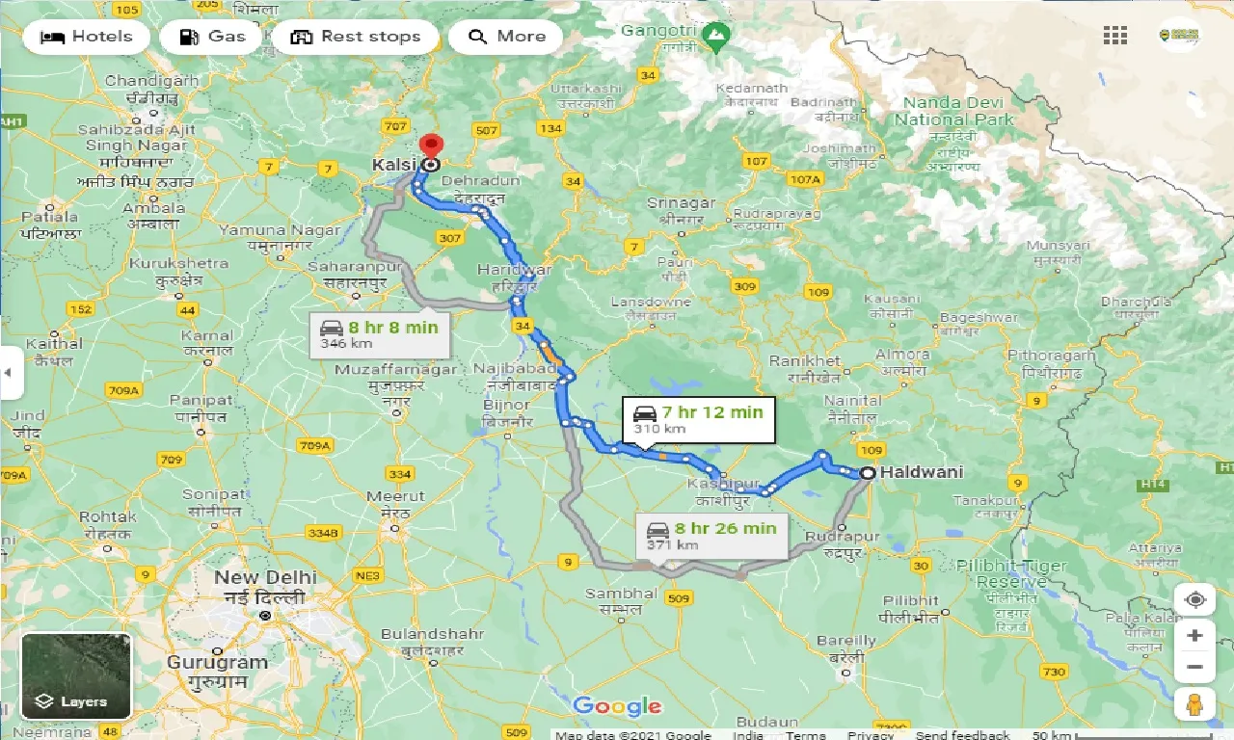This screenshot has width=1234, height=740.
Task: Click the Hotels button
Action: click(x=87, y=37)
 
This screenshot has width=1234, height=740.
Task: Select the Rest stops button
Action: click(x=356, y=37)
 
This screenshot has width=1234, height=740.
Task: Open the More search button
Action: click(x=506, y=37)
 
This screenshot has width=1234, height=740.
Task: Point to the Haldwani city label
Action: click(x=920, y=472)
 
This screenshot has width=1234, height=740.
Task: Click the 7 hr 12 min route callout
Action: click(x=698, y=419)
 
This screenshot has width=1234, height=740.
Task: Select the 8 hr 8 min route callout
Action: click(x=380, y=334)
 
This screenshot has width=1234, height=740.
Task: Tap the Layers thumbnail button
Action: click(x=75, y=675)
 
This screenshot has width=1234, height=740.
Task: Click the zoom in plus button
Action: click(x=1195, y=636)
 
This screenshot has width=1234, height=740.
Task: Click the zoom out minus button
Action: click(x=1195, y=667)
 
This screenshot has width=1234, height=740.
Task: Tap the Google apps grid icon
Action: click(x=1115, y=37)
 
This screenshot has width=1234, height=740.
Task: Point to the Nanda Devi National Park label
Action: click(x=954, y=111)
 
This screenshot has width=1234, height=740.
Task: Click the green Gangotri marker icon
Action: click(x=715, y=40)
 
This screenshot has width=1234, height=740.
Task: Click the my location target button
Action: click(x=1195, y=599)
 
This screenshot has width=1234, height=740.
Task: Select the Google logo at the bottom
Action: click(x=617, y=706)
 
